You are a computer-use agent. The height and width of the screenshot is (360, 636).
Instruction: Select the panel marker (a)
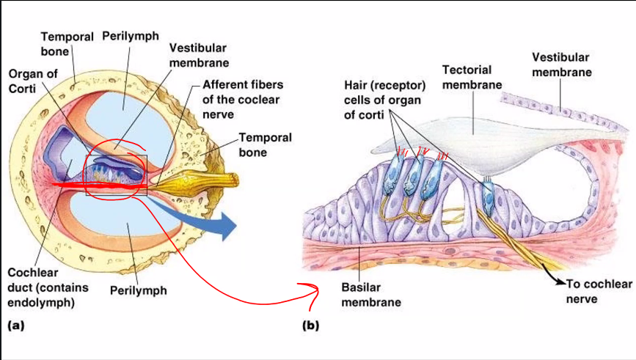[x=15, y=326]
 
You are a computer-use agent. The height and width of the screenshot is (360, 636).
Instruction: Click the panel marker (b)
[x=310, y=326]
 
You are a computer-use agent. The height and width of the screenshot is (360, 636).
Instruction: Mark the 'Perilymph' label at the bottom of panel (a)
[x=138, y=290]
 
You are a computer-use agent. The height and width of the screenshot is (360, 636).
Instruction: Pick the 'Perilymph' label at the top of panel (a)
[x=131, y=36]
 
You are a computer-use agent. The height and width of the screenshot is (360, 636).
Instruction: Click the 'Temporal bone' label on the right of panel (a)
[x=265, y=144]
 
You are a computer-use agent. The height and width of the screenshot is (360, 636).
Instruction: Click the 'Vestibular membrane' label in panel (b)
[x=561, y=65]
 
